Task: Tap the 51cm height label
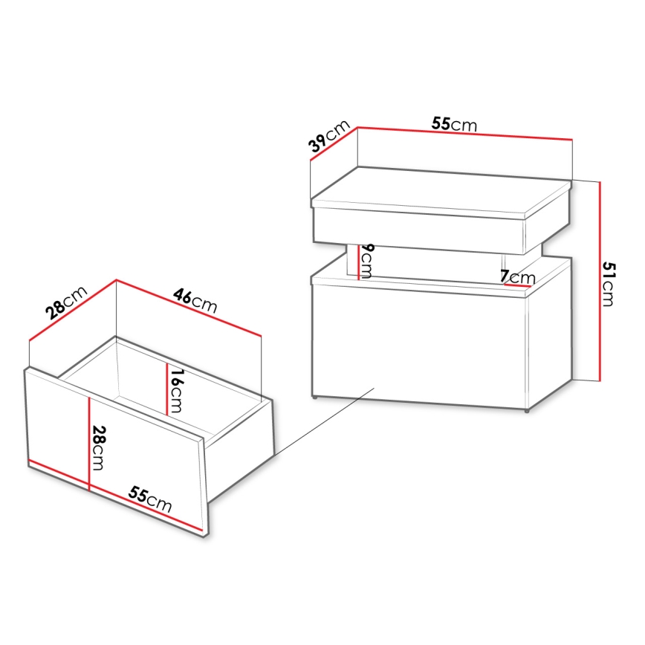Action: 608,283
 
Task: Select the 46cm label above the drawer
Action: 195,299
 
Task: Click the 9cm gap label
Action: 368,261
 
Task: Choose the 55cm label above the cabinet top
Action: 454,124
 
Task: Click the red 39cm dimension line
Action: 334,152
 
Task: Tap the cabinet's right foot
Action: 526,410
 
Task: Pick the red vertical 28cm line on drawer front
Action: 88,444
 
